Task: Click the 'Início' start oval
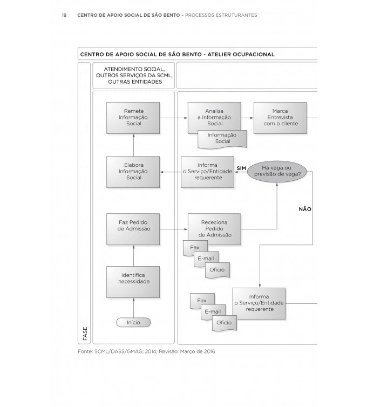133,322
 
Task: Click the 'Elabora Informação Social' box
133,172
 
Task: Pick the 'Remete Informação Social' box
133,117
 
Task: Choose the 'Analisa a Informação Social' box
215,117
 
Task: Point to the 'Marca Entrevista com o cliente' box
280,117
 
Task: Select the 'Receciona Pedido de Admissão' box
215,228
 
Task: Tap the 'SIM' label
241,168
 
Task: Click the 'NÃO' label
305,209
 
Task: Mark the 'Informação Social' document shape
222,138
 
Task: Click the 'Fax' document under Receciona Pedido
195,248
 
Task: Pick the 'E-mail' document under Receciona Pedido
206,259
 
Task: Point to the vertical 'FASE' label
85,333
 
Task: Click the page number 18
64,15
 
